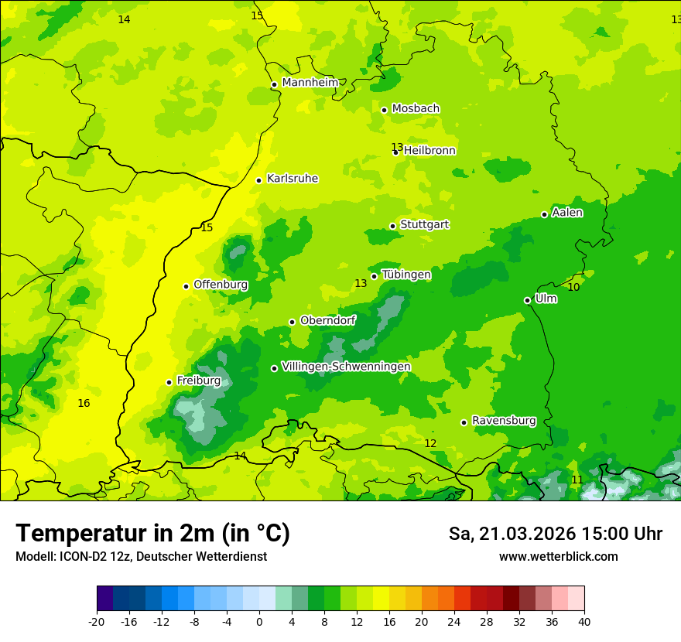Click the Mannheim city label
(310, 83)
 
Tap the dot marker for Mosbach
(384, 110)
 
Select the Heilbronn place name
(429, 151)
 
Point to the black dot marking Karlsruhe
(259, 180)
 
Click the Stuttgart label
(424, 225)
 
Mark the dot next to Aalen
(544, 214)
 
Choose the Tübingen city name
(406, 275)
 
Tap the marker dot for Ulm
(527, 300)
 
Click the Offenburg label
(221, 285)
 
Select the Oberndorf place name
(328, 321)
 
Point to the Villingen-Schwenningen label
(346, 367)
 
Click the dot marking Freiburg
(169, 382)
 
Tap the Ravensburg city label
(504, 421)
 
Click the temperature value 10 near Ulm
(573, 287)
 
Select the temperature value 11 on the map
(577, 480)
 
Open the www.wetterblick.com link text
(558, 557)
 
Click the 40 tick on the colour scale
(584, 621)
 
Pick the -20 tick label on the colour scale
(97, 621)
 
